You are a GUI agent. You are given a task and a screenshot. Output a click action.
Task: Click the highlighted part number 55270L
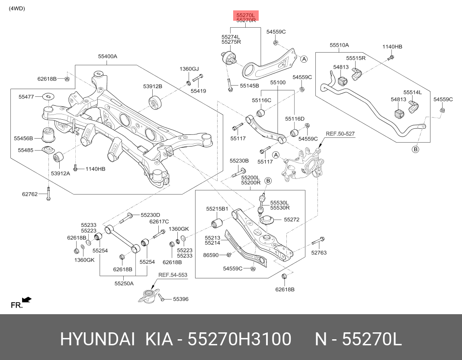tap(246, 15)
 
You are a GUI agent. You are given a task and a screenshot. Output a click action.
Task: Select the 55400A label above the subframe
tap(107, 56)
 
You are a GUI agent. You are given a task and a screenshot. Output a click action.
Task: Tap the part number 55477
tap(26, 97)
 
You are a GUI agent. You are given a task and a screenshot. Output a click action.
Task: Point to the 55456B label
tap(23, 138)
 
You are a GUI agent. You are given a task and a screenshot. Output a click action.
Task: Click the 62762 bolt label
tap(30, 194)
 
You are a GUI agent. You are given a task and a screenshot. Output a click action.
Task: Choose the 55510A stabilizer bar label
tap(339, 45)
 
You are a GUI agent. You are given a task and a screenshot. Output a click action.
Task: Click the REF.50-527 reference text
tap(340, 134)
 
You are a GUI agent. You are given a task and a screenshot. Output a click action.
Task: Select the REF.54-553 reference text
tap(173, 275)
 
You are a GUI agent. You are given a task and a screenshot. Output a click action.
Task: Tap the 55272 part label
tap(292, 220)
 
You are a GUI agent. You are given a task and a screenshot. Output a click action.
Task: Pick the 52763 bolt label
tap(319, 253)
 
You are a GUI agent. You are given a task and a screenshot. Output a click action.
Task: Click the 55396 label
tap(181, 299)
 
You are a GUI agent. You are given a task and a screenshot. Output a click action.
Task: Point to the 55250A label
tap(124, 284)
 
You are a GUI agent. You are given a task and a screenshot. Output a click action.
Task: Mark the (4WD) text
tap(17, 8)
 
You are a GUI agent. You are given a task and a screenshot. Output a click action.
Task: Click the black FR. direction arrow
tap(27, 299)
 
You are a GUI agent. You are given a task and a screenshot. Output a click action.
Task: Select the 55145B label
tap(249, 86)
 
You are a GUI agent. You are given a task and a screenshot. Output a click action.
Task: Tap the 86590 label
tap(211, 255)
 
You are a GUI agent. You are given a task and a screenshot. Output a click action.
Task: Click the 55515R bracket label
tap(356, 58)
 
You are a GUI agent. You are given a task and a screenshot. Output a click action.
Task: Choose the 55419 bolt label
tap(198, 91)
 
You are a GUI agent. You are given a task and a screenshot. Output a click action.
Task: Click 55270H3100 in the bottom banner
tap(239, 340)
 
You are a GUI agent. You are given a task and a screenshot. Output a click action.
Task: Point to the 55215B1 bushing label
tap(217, 209)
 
